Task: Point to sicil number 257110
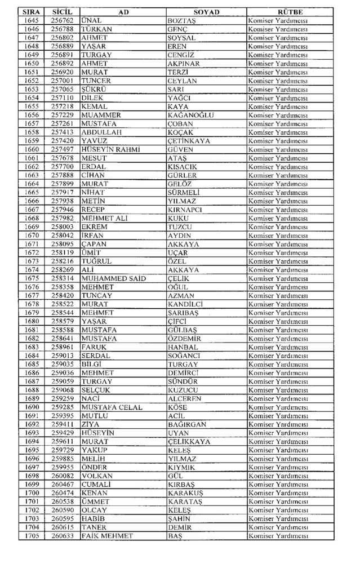[x=63, y=97]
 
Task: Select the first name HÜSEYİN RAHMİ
[x=111, y=149]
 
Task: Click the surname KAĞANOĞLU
[x=191, y=115]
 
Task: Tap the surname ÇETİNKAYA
[x=189, y=141]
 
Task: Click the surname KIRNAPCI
[x=185, y=210]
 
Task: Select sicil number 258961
[x=63, y=348]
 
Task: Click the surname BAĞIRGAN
[x=187, y=425]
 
